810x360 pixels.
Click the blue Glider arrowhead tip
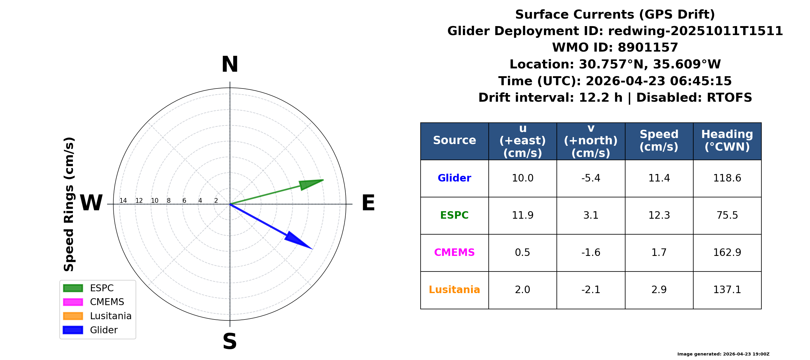[x=312, y=249]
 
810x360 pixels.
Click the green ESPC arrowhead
[x=310, y=184]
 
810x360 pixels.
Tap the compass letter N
[x=230, y=64]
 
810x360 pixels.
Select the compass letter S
[x=230, y=341]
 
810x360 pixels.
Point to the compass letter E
[x=368, y=203]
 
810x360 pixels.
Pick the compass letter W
[x=91, y=203]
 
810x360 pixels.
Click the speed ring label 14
[x=123, y=201]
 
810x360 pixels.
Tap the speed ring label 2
[x=216, y=201]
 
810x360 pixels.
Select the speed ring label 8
[x=169, y=201]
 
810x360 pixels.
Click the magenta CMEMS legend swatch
[x=73, y=302]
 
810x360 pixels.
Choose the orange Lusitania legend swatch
[x=73, y=316]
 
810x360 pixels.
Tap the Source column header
[x=454, y=140]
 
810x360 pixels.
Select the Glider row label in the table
[x=454, y=178]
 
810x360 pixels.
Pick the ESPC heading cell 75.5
[x=727, y=215]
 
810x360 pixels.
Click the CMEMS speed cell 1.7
[x=659, y=253]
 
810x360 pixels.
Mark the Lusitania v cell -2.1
[x=590, y=289]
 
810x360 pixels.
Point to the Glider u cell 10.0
[x=523, y=178]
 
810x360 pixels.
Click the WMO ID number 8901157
[x=648, y=48]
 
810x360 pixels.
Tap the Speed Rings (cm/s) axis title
[x=69, y=204]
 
